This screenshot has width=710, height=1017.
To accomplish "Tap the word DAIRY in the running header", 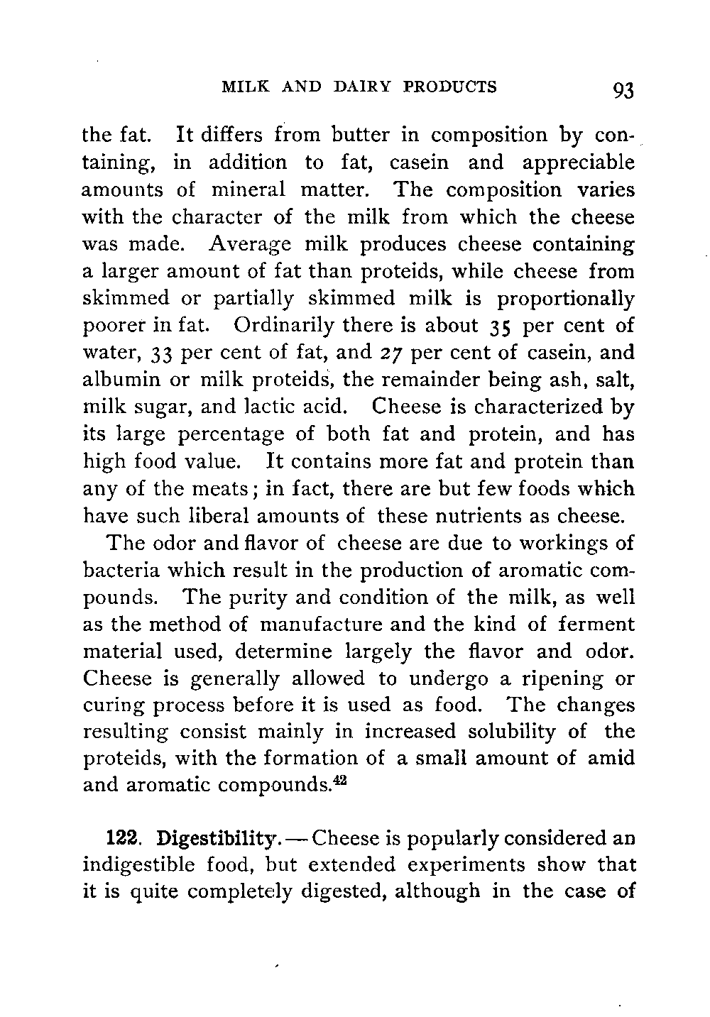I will [x=357, y=87].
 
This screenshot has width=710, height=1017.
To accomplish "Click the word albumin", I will [x=124, y=380].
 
